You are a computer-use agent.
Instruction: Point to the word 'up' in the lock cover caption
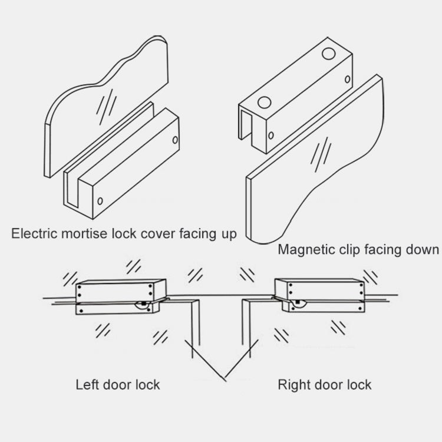click(228, 233)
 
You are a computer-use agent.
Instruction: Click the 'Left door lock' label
click(118, 385)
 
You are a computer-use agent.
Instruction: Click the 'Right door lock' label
click(324, 385)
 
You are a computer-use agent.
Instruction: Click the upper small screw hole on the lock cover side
click(174, 140)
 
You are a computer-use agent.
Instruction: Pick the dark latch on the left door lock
click(142, 305)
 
